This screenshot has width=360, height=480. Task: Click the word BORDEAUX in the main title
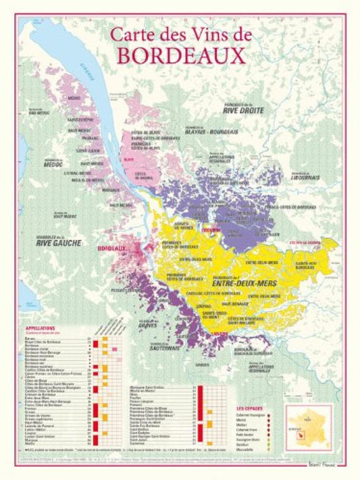(181, 55)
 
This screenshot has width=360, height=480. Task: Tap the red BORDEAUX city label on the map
(112, 249)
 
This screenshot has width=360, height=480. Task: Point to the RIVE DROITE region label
(243, 111)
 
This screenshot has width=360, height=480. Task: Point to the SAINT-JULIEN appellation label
(88, 151)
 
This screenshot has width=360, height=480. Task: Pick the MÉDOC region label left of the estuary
(52, 164)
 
